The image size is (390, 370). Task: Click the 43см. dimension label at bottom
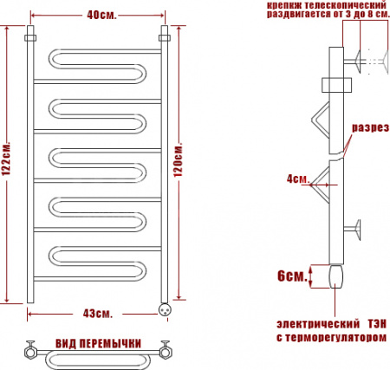pyautogui.click(x=97, y=312)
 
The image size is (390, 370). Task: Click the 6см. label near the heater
pyautogui.click(x=291, y=276)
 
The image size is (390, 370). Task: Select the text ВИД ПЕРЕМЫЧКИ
pyautogui.click(x=98, y=344)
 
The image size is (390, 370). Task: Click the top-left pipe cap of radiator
pyautogui.click(x=30, y=40)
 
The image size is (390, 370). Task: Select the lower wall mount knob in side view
pyautogui.click(x=358, y=230)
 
